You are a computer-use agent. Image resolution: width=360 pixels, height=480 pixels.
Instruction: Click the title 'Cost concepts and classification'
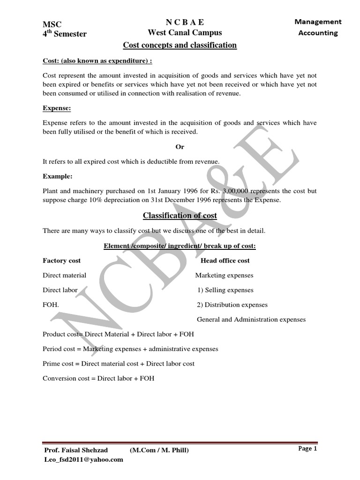pyautogui.click(x=180, y=45)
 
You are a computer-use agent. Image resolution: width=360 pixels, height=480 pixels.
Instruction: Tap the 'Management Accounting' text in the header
pyautogui.click(x=318, y=27)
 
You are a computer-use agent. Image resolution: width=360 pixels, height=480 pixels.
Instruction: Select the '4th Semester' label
pyautogui.click(x=64, y=34)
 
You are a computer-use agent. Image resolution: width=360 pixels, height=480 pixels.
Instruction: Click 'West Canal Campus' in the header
pyautogui.click(x=185, y=32)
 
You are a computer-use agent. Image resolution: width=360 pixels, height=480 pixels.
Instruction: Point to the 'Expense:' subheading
pyautogui.click(x=57, y=108)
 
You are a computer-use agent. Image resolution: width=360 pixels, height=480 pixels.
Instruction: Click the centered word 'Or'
pyautogui.click(x=180, y=147)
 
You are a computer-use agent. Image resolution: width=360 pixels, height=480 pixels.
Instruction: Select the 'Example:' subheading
pyautogui.click(x=58, y=176)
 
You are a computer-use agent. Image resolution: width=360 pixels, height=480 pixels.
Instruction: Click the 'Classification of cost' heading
pyautogui.click(x=180, y=216)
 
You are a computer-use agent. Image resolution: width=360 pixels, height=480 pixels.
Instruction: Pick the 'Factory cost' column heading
pyautogui.click(x=61, y=261)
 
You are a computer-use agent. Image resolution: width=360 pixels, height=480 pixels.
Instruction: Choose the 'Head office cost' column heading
pyautogui.click(x=225, y=261)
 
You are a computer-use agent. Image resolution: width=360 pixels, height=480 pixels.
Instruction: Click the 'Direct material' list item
pyautogui.click(x=64, y=275)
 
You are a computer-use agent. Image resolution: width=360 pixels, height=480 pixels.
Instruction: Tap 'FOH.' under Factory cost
pyautogui.click(x=51, y=305)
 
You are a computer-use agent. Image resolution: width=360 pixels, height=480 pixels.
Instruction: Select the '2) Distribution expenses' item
pyautogui.click(x=232, y=305)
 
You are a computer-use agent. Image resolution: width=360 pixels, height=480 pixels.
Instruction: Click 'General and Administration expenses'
pyautogui.click(x=251, y=320)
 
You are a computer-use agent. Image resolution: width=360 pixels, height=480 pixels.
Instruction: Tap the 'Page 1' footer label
pyautogui.click(x=307, y=449)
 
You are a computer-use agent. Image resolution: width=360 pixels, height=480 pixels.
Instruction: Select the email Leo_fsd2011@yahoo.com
pyautogui.click(x=82, y=459)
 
